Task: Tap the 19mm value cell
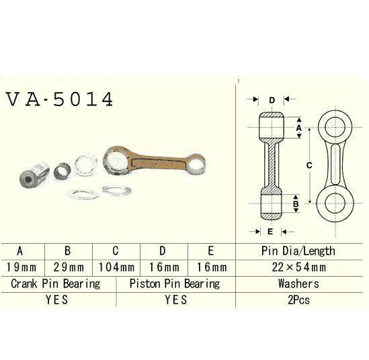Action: (20, 267)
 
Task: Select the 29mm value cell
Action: (68, 267)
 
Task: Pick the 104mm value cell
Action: (116, 267)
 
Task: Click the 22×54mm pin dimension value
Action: (297, 267)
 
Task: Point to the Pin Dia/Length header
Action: (297, 251)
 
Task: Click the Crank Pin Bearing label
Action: (56, 283)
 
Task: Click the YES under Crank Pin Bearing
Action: (56, 300)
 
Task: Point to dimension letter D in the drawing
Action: (272, 101)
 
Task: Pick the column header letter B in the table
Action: (68, 251)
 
